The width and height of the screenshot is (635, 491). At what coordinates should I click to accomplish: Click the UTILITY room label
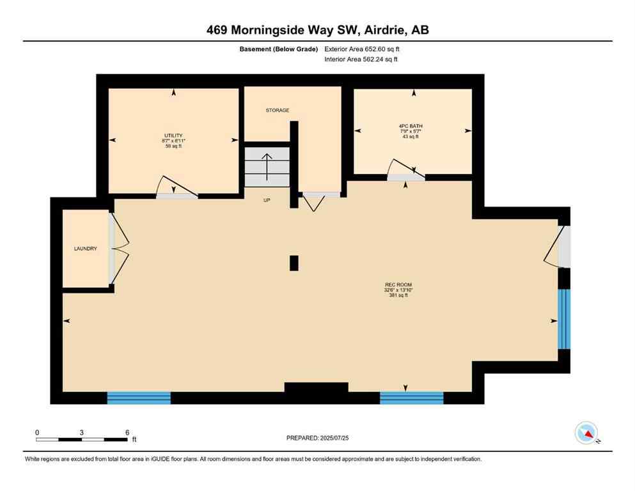[x=173, y=136]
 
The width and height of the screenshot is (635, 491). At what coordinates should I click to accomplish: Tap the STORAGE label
[x=278, y=111]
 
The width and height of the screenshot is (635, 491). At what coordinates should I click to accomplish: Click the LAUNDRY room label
[x=85, y=249]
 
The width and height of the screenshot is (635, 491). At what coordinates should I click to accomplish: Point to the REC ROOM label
[x=393, y=285]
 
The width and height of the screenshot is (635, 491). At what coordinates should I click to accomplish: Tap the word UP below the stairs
[x=267, y=200]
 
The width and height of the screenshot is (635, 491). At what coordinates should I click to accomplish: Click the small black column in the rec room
[x=294, y=263]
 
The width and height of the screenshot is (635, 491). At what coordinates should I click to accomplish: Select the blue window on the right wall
[x=563, y=318]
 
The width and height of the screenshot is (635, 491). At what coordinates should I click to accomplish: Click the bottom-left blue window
[x=139, y=398]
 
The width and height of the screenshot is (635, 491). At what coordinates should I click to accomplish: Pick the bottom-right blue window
[x=411, y=398]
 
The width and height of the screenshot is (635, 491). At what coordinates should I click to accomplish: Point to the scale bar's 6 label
[x=127, y=432]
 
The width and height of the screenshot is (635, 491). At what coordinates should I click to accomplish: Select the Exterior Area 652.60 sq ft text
[x=366, y=49]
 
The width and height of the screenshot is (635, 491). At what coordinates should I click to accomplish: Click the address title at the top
[x=317, y=29]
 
